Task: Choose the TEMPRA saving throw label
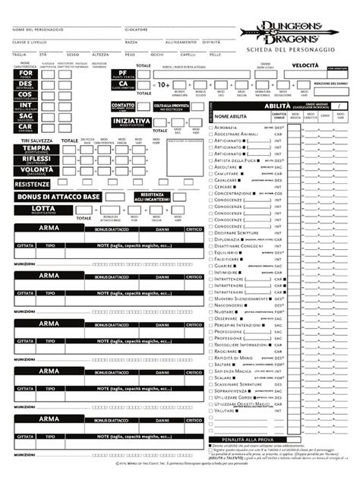coord(37,148)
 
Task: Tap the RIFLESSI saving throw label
coord(37,159)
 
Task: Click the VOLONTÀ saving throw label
coord(37,170)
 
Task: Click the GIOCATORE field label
coord(137,28)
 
